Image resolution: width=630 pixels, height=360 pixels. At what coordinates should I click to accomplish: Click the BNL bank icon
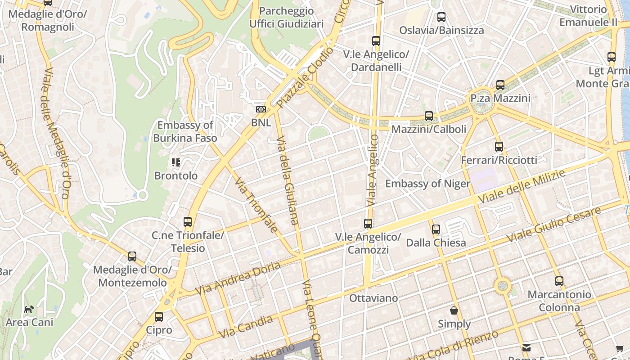(261, 109)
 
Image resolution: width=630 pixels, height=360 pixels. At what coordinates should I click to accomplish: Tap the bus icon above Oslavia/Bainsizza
(441, 17)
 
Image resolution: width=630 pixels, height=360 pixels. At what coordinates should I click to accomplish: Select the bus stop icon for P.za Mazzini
(500, 85)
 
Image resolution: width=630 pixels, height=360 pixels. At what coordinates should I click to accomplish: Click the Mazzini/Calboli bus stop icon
(429, 116)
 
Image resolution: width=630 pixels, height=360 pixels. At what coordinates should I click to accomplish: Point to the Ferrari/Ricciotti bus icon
(499, 146)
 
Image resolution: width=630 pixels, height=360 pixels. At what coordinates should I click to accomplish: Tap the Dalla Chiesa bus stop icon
(436, 229)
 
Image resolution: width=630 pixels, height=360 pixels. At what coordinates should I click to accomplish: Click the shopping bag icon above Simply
(454, 310)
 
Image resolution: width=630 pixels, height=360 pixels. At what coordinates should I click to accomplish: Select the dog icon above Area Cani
(29, 309)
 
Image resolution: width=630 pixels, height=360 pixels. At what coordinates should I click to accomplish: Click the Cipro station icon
(159, 316)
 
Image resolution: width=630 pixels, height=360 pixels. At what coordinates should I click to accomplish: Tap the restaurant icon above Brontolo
(176, 162)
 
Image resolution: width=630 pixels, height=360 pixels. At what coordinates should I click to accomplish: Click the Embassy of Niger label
(427, 184)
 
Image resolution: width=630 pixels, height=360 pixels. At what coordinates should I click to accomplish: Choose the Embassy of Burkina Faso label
(185, 131)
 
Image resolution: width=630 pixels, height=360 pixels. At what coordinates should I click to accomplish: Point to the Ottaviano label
(373, 298)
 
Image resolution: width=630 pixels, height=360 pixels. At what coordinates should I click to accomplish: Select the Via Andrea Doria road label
(238, 278)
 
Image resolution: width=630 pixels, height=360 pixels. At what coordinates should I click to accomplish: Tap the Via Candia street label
(246, 327)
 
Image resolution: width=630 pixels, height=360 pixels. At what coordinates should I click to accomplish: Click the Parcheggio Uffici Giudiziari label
(286, 17)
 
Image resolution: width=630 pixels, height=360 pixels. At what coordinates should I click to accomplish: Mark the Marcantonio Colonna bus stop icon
(559, 281)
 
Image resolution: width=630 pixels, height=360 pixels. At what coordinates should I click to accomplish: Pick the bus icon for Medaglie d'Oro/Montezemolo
(132, 256)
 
